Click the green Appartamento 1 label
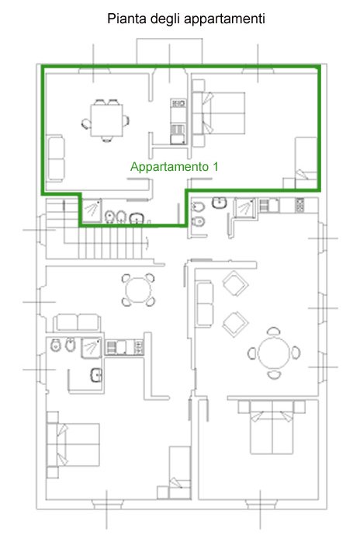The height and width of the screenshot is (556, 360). [175, 167]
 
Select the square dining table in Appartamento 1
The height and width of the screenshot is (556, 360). [106, 120]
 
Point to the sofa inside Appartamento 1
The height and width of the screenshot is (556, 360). [56, 158]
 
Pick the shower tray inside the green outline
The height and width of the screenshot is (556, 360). [92, 210]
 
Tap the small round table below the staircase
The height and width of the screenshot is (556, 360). [139, 290]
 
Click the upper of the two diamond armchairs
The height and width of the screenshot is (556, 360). [235, 283]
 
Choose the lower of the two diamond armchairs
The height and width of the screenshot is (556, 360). [235, 325]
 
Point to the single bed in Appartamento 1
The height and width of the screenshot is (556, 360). [306, 163]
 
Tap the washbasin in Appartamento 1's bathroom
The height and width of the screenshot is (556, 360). [136, 218]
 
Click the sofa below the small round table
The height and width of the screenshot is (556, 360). [78, 322]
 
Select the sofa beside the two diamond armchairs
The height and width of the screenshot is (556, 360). [205, 304]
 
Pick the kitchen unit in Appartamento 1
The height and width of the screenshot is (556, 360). [178, 121]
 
